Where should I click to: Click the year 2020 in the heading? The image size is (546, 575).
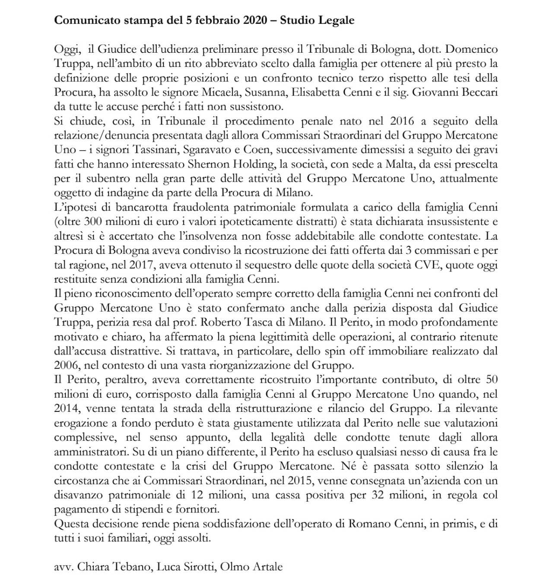point(258,20)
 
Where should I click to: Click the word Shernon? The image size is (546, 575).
point(206,164)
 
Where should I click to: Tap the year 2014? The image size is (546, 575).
point(66,408)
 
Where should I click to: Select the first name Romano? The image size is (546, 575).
point(369,524)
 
